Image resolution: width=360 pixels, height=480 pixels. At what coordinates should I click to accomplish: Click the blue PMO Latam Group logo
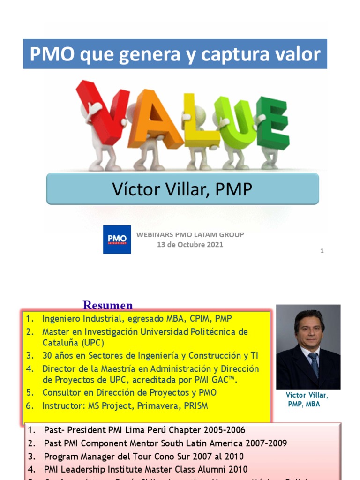[117, 240]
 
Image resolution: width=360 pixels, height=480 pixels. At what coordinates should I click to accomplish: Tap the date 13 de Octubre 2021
[190, 244]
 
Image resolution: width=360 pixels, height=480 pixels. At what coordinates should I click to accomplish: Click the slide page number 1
[322, 251]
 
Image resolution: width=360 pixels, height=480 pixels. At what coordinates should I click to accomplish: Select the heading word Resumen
[108, 306]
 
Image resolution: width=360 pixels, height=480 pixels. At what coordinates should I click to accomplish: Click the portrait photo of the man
[308, 347]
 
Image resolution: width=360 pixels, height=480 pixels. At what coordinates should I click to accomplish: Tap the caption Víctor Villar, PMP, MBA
[307, 399]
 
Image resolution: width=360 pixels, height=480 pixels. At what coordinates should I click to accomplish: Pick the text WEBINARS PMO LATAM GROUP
[190, 234]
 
